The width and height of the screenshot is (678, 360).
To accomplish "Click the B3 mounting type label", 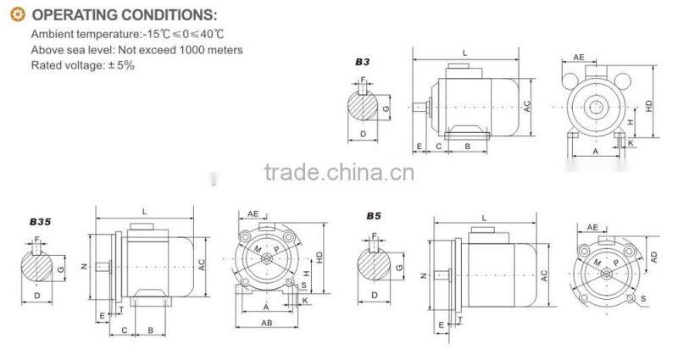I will pos(363,61).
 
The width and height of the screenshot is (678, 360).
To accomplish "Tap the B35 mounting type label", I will pos(40,221).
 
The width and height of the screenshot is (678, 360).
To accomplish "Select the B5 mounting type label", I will pos(374,216).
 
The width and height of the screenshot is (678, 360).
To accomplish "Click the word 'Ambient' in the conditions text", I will pos(51,35).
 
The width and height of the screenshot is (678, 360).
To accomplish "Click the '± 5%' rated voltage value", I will pos(119,65).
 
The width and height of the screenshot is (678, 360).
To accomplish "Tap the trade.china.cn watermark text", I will pos(339,174).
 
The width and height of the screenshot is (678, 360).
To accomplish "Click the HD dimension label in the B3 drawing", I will pos(649,107).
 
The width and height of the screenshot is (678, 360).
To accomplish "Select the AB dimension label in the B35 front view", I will pos(266,323).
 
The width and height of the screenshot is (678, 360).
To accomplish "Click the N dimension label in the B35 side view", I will pos(84,267).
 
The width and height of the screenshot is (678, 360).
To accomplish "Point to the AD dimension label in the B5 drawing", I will pos(654,255).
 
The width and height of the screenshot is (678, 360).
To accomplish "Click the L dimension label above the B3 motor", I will pos(465,53).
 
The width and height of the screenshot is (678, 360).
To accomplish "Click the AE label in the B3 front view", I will pos(579,57).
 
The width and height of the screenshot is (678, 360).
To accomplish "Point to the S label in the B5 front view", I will pos(643,298).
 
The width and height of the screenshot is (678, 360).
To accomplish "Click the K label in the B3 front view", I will pos(631,144).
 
